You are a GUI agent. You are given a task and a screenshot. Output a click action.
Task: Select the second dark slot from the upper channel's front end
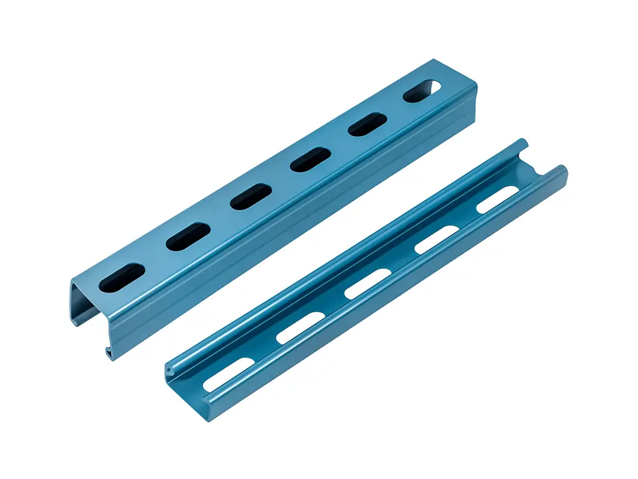click(188, 236)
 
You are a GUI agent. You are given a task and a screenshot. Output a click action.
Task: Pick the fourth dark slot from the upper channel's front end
click(309, 158)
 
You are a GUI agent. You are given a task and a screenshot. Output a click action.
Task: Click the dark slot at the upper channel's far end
click(421, 91)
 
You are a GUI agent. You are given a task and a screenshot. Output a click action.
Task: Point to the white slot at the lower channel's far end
click(498, 200)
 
